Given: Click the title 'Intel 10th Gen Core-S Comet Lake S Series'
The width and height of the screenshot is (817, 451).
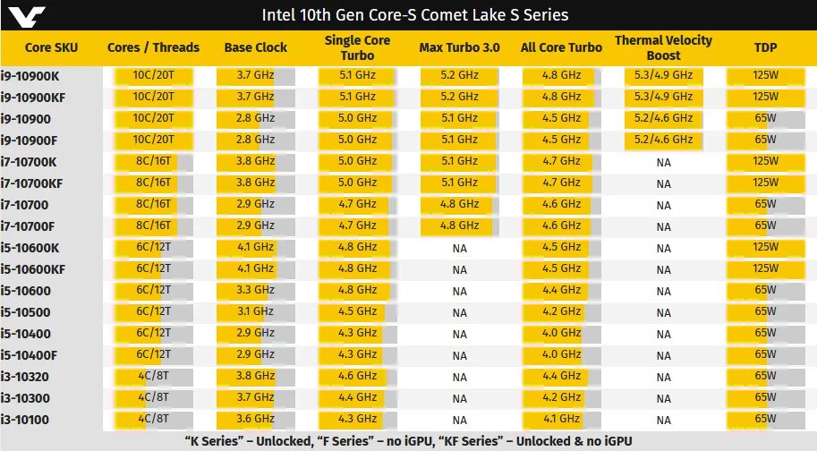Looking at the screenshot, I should [414, 15].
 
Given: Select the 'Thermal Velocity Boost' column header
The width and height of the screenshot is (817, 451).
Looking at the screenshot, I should [663, 47].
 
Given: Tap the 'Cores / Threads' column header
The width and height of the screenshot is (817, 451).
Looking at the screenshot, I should [153, 47].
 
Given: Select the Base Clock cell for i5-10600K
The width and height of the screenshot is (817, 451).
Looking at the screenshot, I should [255, 248].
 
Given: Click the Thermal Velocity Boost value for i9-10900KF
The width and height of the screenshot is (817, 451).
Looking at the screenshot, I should [663, 97].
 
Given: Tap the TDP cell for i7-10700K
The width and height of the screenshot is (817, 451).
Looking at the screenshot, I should [766, 161].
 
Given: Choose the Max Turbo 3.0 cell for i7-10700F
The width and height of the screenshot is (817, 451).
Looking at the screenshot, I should [460, 226].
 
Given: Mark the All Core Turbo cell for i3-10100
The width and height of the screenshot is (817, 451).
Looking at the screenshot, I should [562, 419].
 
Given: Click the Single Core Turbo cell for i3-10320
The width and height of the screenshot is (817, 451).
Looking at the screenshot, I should [357, 377].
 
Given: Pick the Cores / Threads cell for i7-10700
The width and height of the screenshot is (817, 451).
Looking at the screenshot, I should [153, 204].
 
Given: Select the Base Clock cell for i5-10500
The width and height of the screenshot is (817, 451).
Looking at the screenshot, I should [255, 312].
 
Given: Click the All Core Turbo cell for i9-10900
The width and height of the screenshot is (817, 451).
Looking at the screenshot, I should [562, 118].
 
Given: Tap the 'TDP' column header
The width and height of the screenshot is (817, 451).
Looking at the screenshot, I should [766, 47].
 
